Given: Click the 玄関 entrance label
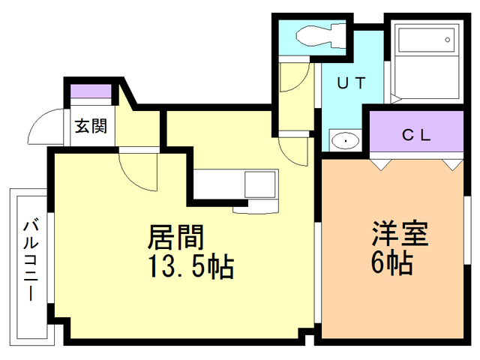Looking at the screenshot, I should [x=90, y=126].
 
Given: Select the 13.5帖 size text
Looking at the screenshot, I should [x=190, y=266].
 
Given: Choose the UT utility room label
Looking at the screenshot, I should [x=350, y=84].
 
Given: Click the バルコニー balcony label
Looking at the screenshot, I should [x=31, y=259].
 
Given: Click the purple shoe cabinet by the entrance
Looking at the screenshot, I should [x=91, y=92].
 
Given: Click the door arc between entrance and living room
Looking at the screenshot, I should [x=139, y=169].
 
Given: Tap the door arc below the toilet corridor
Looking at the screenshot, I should [x=294, y=150].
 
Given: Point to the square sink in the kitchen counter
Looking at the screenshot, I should [x=260, y=183].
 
